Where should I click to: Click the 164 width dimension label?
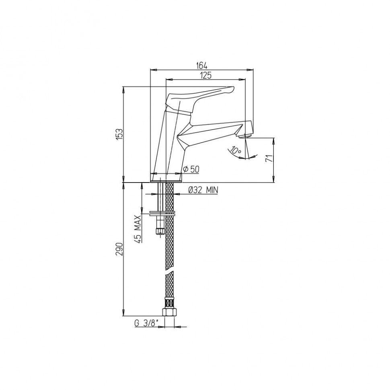tap(201, 66)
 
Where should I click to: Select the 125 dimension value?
tap(206, 75)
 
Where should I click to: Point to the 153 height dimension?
tap(120, 134)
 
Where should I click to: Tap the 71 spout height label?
tap(269, 158)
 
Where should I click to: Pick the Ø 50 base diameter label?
tap(191, 169)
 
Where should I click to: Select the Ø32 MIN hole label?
tap(203, 190)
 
